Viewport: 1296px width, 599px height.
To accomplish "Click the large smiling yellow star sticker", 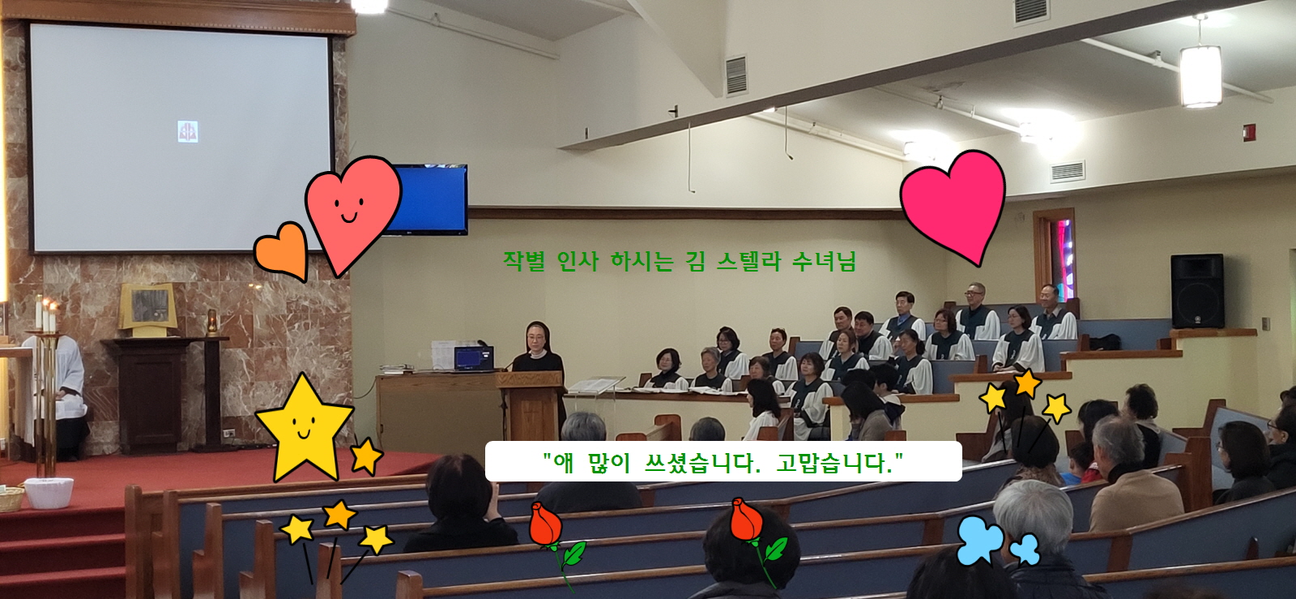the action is pos(305,428).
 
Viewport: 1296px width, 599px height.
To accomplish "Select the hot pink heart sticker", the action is pos(953,203).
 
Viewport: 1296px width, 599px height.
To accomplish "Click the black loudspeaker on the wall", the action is pos(1197,291).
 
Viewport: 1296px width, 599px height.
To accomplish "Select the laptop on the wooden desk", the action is pos(473,358).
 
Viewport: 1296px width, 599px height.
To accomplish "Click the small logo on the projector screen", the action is pos(187,132).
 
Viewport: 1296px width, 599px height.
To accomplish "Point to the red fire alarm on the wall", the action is pos(1250,133).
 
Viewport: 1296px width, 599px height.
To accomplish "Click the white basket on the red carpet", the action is pos(49,493).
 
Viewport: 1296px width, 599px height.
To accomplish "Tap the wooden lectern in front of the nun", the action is pos(531,405).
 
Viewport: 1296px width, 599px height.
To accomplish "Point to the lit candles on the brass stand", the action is pos(45,314).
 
